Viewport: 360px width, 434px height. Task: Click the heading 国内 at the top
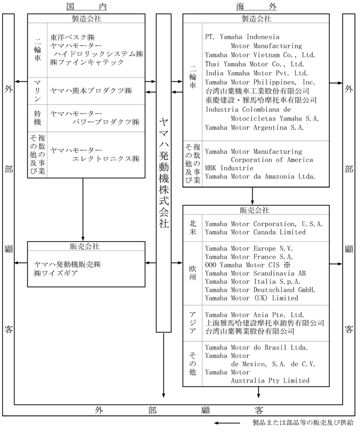(x=82, y=7)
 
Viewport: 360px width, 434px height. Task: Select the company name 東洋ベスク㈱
(x=73, y=37)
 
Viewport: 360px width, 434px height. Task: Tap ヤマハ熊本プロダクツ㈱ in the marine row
(x=90, y=90)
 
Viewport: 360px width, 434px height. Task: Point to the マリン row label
(x=37, y=90)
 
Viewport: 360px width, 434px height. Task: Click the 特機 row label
(x=37, y=117)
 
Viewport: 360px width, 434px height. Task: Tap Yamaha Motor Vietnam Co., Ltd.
(x=260, y=55)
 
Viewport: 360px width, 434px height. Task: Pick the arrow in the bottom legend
(x=231, y=423)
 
